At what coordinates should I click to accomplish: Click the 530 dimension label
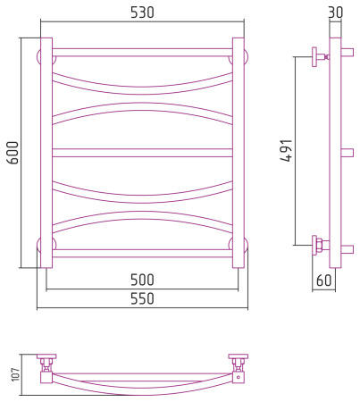pyautogui.click(x=142, y=13)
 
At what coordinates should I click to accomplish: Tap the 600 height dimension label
pyautogui.click(x=13, y=153)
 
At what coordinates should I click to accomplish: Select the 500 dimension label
pyautogui.click(x=142, y=280)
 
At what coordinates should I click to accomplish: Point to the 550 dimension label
pyautogui.click(x=142, y=298)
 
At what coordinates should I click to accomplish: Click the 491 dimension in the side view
pyautogui.click(x=287, y=150)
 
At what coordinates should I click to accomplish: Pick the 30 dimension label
pyautogui.click(x=336, y=13)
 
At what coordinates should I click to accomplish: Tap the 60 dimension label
pyautogui.click(x=323, y=281)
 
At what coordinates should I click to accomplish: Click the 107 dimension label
pyautogui.click(x=15, y=374)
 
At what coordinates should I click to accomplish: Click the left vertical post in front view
pyautogui.click(x=46, y=153)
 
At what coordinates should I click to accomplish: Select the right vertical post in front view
pyautogui.click(x=239, y=153)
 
